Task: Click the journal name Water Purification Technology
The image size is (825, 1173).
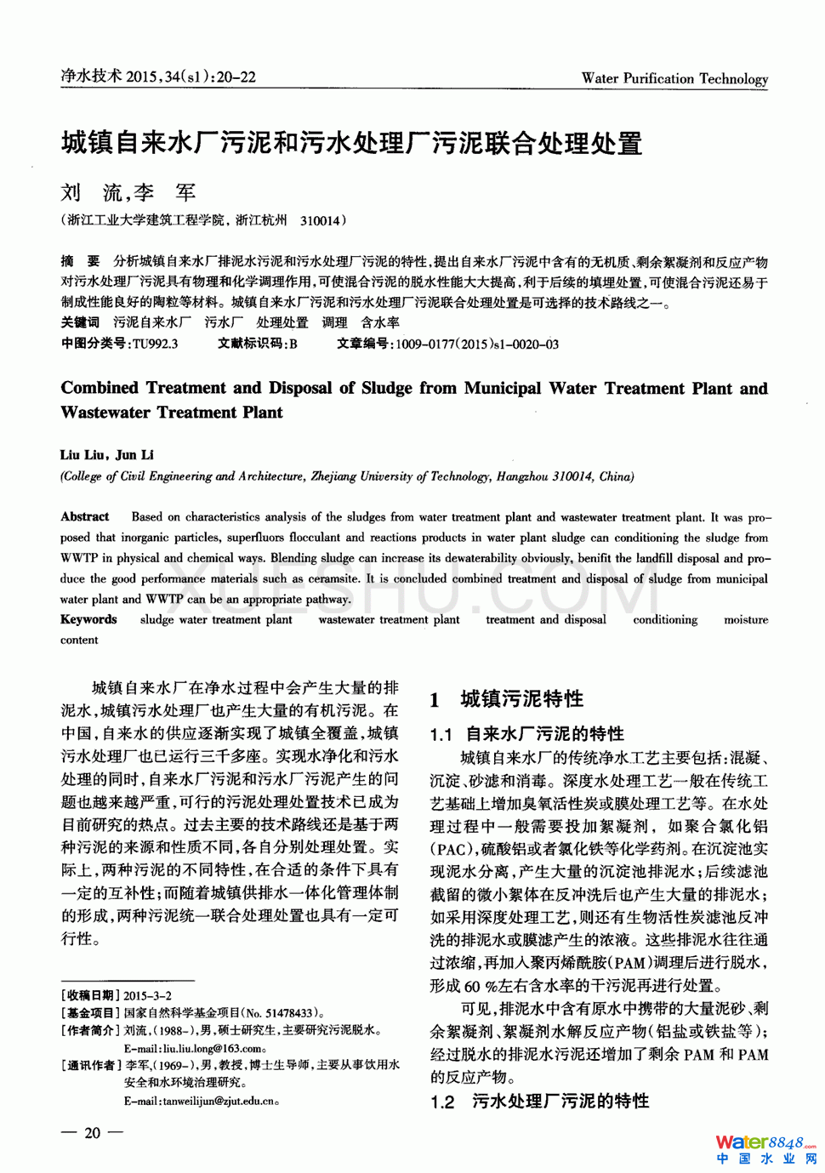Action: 674,78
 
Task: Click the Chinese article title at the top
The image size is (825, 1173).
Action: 351,143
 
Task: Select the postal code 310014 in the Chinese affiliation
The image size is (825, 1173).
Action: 320,221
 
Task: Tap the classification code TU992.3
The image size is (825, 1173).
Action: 155,344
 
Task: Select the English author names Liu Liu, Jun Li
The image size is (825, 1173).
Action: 107,455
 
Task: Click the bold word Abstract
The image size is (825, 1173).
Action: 85,516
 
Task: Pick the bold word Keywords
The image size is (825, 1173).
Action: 88,619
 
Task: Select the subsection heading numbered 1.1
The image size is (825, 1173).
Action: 527,733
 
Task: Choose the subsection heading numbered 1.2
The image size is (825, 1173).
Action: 539,1101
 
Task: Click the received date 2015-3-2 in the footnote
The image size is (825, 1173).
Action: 147,995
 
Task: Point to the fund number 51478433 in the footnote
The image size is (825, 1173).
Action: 289,1013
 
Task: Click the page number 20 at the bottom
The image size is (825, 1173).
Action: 92,1132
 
